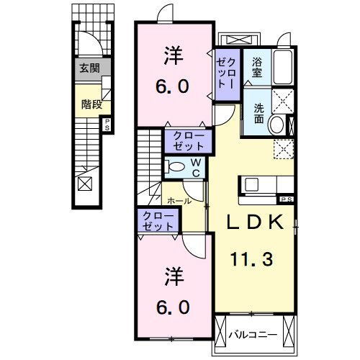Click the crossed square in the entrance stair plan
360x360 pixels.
click(85, 184)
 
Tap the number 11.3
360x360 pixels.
click(252, 257)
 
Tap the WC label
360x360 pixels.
click(195, 168)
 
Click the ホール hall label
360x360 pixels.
click(179, 201)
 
